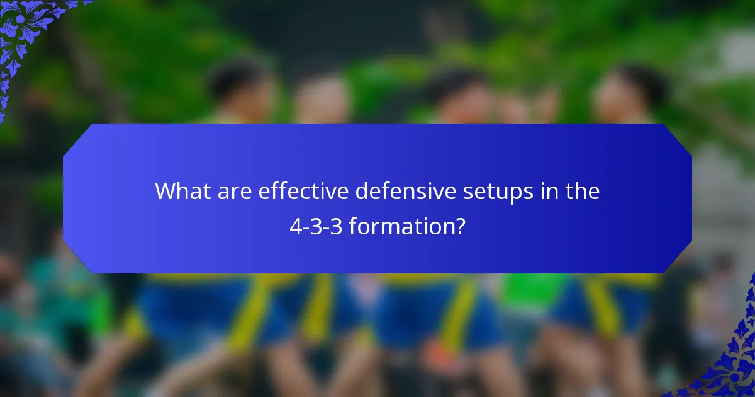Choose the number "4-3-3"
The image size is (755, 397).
pos(316,226)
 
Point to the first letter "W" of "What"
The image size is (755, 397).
pos(165,191)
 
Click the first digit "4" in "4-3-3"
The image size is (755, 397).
pos(295,226)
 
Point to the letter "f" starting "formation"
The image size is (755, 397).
pos(352,226)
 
